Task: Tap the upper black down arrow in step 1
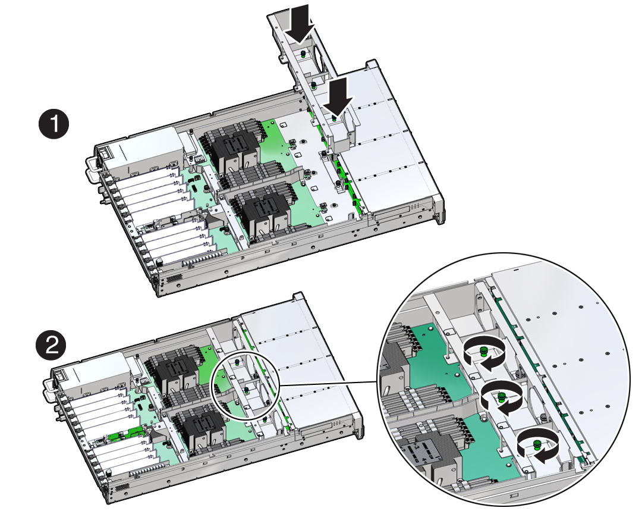coord(300,24)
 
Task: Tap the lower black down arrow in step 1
coord(337,97)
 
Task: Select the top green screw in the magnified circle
coord(483,351)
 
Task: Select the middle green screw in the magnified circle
coord(501,397)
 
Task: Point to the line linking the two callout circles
coord(327,384)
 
